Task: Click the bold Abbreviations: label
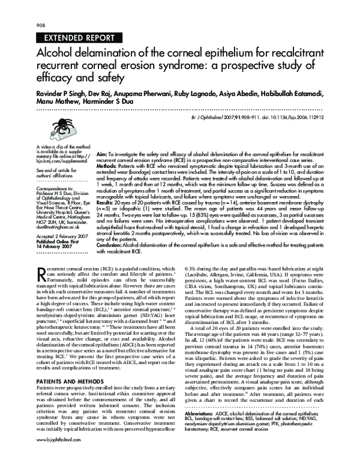click(x=205, y=430)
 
